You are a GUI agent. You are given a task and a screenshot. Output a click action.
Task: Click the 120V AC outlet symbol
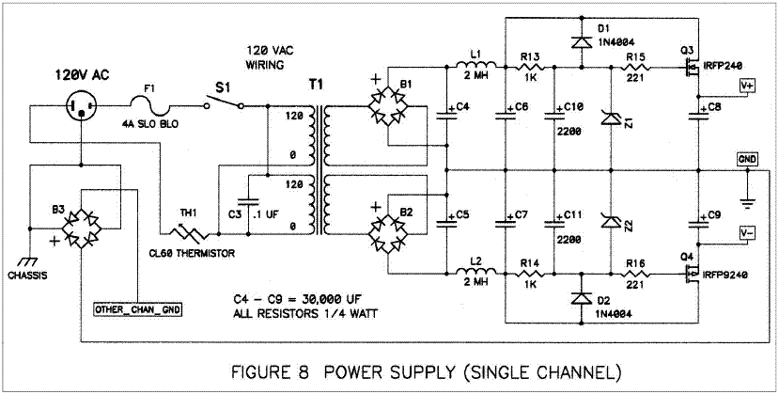coord(82,105)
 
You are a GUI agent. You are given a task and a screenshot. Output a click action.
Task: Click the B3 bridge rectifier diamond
coord(82,229)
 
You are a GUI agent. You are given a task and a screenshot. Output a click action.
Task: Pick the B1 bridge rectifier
coord(387,106)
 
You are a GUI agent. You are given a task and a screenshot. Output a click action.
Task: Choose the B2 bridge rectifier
coord(387,233)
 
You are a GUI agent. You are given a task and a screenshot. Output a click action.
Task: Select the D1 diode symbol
coord(581,42)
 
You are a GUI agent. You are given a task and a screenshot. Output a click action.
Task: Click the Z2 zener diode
coord(611,220)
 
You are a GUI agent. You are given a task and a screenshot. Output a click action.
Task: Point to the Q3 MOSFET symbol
coord(692,68)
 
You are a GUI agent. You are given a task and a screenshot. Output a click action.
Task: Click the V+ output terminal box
coord(747,86)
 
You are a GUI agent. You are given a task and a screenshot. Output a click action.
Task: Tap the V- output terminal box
coord(747,232)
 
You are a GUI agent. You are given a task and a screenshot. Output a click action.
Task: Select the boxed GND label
coord(747,159)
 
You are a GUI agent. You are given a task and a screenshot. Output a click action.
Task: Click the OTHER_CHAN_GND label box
coord(137,309)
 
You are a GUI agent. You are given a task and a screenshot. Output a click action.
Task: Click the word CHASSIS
coord(28,275)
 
